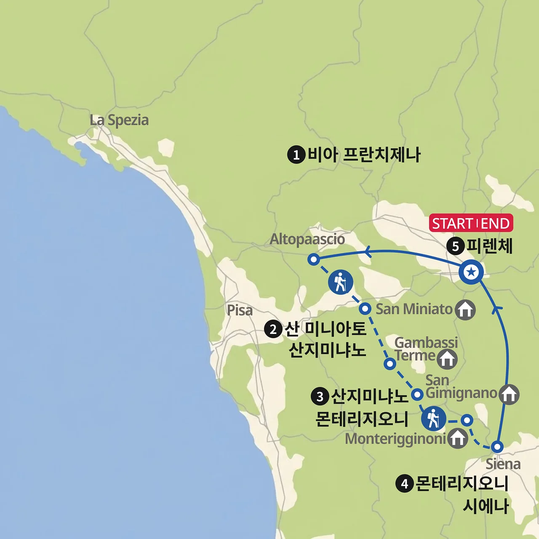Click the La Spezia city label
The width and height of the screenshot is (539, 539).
click(119, 120)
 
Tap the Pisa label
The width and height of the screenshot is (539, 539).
click(240, 310)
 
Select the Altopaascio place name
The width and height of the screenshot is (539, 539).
click(307, 239)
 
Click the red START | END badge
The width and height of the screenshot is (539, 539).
click(471, 223)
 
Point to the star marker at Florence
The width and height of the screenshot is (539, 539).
click(471, 272)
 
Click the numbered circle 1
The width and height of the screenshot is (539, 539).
click(296, 155)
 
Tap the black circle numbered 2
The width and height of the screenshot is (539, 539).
click(273, 329)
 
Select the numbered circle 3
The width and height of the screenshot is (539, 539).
click(320, 396)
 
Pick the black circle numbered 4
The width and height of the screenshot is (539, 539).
click(405, 483)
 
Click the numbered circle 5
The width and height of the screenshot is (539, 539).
click(455, 245)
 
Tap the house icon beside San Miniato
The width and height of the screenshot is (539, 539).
click(465, 310)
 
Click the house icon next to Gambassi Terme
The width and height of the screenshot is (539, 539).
click(447, 359)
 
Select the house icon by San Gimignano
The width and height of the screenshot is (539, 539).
click(509, 394)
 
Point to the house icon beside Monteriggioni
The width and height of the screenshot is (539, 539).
click(457, 438)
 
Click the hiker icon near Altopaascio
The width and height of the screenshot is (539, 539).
click(340, 282)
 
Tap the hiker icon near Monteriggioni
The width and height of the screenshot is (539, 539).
click(433, 419)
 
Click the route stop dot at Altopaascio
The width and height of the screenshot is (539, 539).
click(313, 259)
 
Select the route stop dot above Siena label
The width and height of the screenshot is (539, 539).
click(497, 447)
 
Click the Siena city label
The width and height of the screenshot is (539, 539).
click(503, 464)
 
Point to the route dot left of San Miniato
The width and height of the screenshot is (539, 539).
click(365, 309)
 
